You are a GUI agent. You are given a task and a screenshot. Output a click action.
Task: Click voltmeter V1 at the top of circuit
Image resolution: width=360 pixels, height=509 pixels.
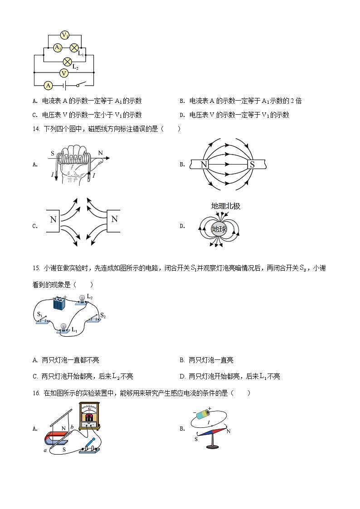pos(64,35)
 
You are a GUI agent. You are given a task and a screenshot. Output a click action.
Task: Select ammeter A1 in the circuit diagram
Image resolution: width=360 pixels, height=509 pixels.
pos(58,47)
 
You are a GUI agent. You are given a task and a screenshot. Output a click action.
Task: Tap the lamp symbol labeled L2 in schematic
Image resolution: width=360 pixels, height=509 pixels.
pos(67,61)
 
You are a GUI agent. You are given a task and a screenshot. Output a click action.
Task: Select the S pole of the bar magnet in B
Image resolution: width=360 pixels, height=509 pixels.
pos(252,165)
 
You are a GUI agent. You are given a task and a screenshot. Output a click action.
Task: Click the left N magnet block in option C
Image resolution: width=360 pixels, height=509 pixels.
pos(54,220)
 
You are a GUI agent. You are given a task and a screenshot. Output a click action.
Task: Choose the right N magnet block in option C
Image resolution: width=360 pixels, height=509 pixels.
pos(114,220)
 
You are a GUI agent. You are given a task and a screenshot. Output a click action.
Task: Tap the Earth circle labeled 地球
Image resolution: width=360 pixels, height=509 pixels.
pos(219,229)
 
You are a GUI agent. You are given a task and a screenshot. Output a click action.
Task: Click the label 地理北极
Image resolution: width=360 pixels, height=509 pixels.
pos(225,206)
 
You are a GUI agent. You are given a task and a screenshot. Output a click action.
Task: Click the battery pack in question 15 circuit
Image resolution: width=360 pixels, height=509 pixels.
pos(59,302)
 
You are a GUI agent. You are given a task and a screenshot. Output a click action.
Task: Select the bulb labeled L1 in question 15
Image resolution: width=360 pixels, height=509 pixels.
pos(64,328)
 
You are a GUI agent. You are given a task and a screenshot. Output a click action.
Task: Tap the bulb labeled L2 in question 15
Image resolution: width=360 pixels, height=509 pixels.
pos(82,299)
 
